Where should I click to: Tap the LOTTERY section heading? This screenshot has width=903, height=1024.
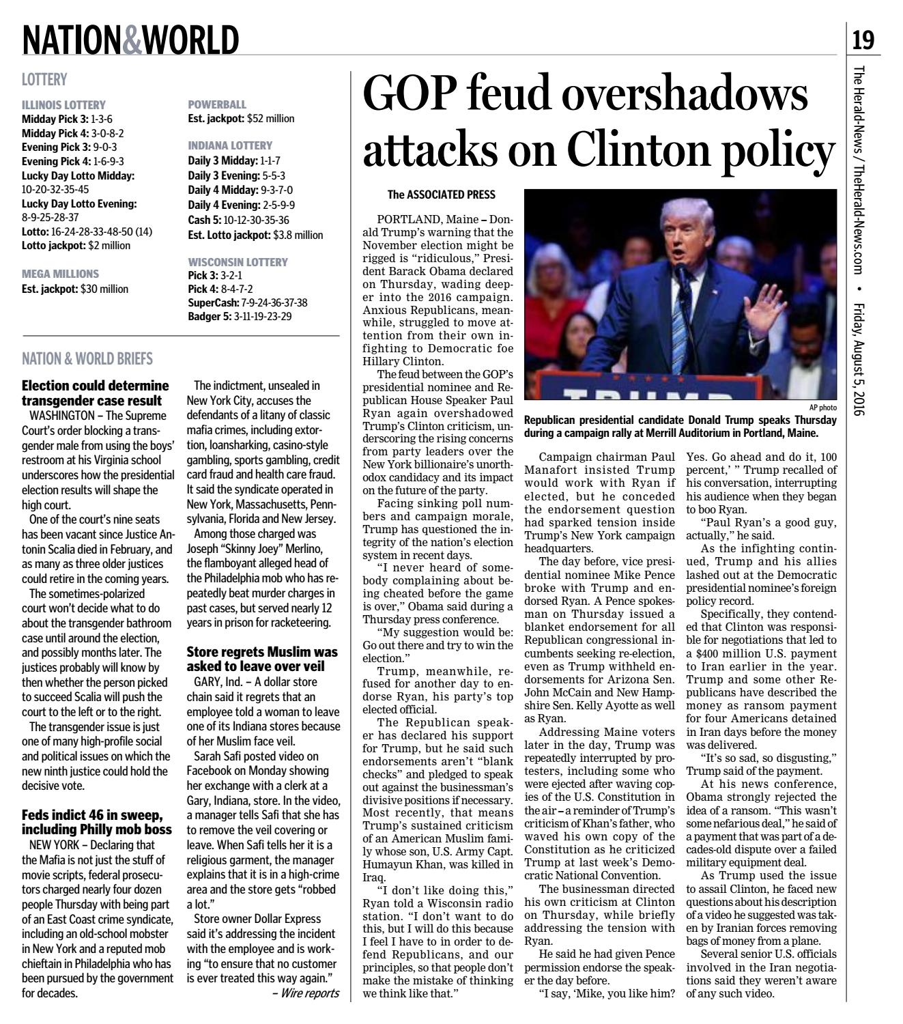coord(44,80)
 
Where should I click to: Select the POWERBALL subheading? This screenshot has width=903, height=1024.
coord(217,104)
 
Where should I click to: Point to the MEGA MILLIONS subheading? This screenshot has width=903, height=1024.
coord(60,274)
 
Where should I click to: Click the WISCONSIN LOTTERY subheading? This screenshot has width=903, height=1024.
coord(238,262)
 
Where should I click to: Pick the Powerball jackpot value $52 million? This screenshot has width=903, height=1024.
coord(270,119)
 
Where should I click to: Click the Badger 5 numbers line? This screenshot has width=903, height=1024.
coord(240,316)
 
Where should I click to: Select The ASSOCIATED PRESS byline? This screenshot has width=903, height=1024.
coord(441,195)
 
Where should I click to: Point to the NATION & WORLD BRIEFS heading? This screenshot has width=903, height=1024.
coord(87,359)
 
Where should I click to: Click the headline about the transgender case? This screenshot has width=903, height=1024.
coord(95,393)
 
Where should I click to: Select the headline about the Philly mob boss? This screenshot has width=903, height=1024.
coord(96,823)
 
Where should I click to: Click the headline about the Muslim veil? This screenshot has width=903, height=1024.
coord(262,659)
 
